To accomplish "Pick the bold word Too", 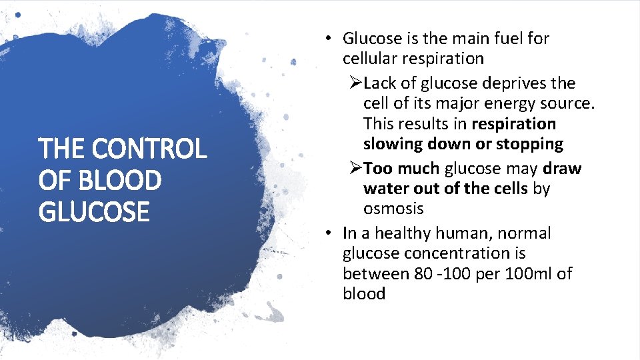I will click(378, 169).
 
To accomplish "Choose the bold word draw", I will click(562, 169).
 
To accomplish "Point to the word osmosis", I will click(393, 209).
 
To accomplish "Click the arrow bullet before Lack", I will click(355, 83).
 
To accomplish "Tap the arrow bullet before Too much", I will click(355, 169).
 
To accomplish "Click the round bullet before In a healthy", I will click(328, 233).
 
